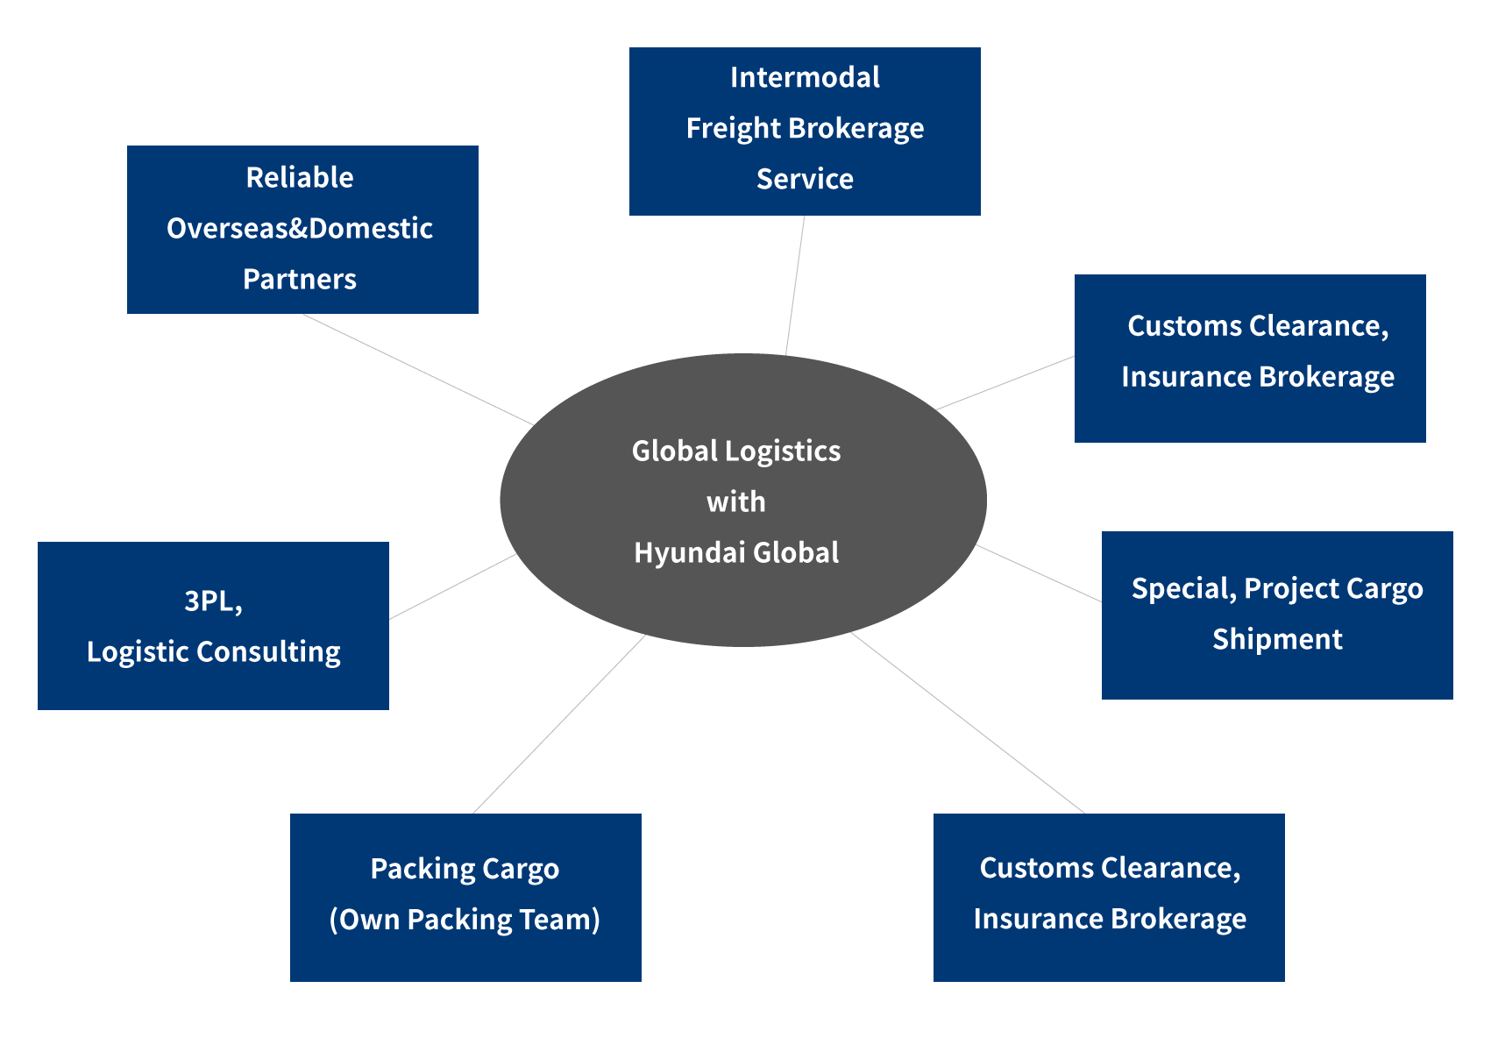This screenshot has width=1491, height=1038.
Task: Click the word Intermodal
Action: coord(805,77)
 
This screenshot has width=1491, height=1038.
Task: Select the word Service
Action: coord(805,179)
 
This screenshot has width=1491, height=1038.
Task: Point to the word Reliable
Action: coord(300,177)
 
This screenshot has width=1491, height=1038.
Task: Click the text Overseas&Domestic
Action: coord(300,228)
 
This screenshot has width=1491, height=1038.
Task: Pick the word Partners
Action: coord(300,279)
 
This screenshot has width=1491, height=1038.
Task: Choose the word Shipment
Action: coord(1277,639)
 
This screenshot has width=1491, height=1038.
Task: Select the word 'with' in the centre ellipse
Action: coord(736,502)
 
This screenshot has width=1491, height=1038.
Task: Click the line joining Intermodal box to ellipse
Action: coord(795,285)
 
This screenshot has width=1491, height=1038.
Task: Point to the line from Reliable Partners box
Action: coord(418,370)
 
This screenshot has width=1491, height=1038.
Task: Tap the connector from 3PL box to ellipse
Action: coord(452,587)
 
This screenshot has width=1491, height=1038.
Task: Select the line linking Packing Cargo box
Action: coord(559,724)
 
